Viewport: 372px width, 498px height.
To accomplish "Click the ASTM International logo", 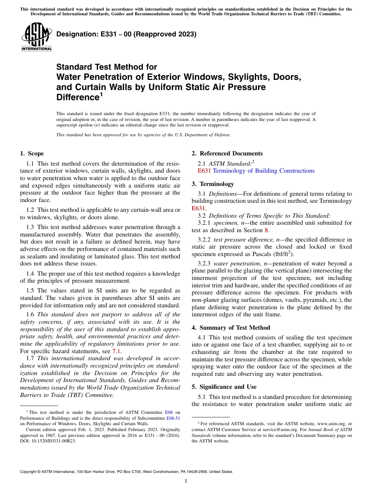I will tap(36, 37).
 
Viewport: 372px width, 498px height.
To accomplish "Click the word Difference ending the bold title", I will tap(77, 97).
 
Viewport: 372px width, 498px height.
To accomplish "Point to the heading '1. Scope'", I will tap(32, 153).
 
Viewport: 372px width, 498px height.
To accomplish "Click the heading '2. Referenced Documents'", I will tap(227, 153).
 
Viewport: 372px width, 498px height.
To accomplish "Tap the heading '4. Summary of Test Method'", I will tap(231, 328).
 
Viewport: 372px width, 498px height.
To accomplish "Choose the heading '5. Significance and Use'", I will tap(224, 387).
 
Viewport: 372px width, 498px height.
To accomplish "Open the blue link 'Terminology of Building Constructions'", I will tap(264, 171).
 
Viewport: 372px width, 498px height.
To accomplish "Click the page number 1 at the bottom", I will tap(186, 481).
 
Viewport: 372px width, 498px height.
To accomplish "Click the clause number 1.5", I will tap(30, 290).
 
